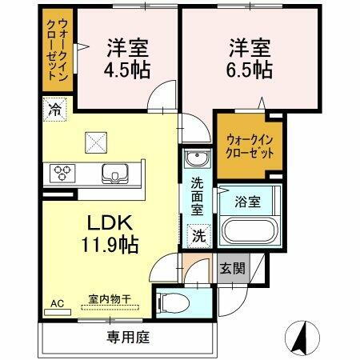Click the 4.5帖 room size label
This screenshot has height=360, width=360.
click(126, 70)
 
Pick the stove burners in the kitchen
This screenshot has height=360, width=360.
click(62, 171)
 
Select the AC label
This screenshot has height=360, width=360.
click(57, 303)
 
